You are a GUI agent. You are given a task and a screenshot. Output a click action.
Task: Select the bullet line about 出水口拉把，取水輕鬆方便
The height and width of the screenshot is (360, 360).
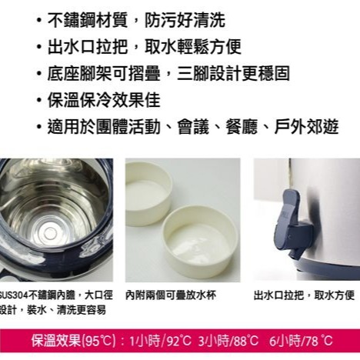(x=142, y=47)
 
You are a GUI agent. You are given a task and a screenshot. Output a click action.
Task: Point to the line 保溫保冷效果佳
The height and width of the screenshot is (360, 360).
(x=104, y=101)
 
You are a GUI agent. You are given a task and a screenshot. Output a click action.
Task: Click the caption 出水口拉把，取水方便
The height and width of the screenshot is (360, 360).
(x=304, y=295)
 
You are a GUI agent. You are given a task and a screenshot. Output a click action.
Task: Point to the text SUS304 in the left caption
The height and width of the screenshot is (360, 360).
(x=14, y=295)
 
